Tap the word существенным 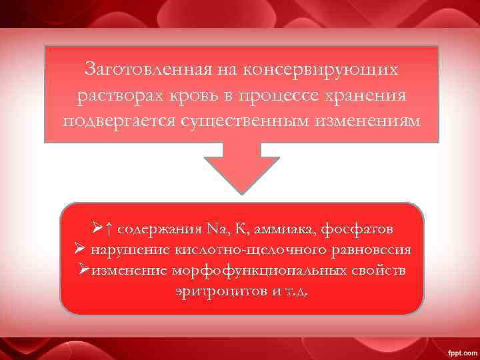tap(240, 122)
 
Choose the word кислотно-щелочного tap(251, 251)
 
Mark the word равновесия tap(370, 251)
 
